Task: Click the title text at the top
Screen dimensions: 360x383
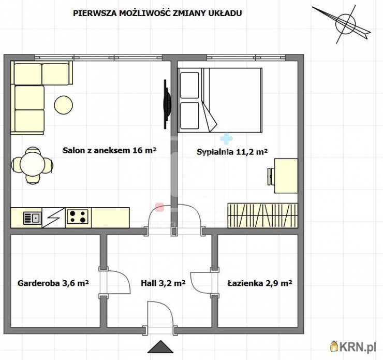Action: tap(157, 13)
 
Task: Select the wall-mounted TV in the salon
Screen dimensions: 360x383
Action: tap(166, 104)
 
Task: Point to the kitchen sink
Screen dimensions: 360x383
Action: tap(33, 218)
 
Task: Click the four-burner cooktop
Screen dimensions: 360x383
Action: tap(78, 217)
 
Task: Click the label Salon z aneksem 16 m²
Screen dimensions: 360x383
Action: tap(109, 151)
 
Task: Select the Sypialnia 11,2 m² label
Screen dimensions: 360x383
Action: tap(232, 152)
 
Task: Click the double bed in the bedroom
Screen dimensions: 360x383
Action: tap(220, 99)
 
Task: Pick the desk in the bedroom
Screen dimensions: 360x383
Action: tap(284, 176)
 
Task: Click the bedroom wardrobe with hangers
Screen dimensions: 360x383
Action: tap(262, 215)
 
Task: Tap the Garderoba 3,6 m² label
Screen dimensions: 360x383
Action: tap(53, 283)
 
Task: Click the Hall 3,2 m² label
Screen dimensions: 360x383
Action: tap(163, 283)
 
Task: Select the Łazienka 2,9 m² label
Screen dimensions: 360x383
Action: tap(260, 283)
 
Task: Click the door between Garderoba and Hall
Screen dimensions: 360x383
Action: tap(115, 282)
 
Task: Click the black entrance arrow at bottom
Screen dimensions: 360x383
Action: tap(160, 347)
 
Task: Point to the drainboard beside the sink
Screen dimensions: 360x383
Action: tap(54, 217)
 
